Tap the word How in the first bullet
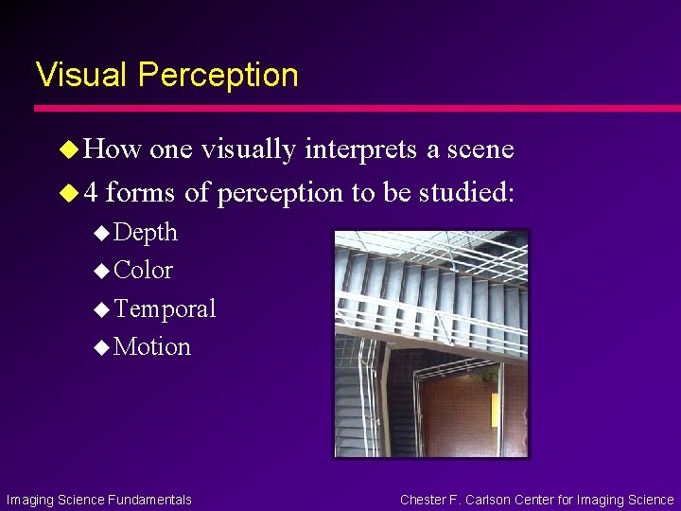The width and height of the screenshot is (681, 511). [x=113, y=150]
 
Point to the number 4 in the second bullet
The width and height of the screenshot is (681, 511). [x=90, y=193]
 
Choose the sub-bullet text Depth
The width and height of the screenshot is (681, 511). [x=146, y=232]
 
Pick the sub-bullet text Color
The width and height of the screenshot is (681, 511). [x=144, y=271]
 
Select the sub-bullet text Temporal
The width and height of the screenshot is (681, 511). [x=165, y=308]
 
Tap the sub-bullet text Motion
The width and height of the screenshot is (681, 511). [x=152, y=347]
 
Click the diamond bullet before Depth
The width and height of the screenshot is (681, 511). [x=102, y=233]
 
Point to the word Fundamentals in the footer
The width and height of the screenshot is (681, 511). [x=149, y=500]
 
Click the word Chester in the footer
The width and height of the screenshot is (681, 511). [x=425, y=500]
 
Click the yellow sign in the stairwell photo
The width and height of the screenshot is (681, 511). [x=495, y=410]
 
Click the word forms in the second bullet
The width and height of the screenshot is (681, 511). [x=140, y=193]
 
